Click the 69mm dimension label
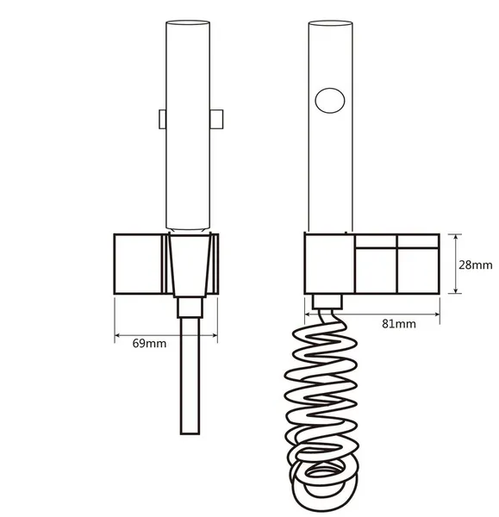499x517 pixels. [x=149, y=344]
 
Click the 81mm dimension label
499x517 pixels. [x=399, y=324]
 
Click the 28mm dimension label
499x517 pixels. [x=475, y=265]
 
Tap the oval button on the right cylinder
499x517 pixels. [x=330, y=101]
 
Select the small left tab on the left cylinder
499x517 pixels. [x=162, y=119]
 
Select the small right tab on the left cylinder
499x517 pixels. [x=216, y=119]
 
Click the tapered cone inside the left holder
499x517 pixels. [x=190, y=265]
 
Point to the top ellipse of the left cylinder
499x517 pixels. [x=188, y=22]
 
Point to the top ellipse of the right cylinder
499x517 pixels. [x=330, y=23]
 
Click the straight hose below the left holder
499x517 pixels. [x=190, y=376]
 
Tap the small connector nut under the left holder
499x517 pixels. [x=190, y=308]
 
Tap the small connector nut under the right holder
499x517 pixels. [x=327, y=302]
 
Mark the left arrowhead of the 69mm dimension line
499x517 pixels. [x=117, y=336]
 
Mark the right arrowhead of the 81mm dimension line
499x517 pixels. [x=437, y=315]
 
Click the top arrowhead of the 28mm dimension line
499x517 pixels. [x=455, y=237]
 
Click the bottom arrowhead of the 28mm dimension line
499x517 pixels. [x=455, y=290]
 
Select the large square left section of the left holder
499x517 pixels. [x=138, y=264]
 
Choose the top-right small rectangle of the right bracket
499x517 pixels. [x=418, y=241]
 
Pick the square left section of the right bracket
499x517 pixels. [x=329, y=264]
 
